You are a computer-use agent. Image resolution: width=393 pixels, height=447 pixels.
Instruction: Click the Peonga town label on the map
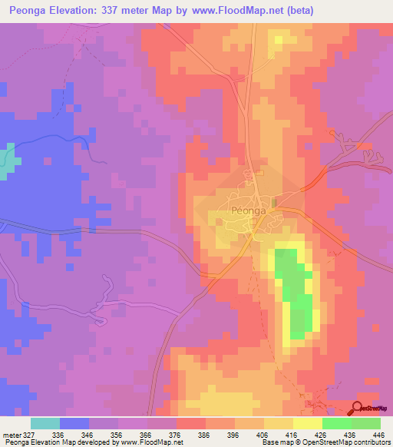pyautogui.click(x=247, y=210)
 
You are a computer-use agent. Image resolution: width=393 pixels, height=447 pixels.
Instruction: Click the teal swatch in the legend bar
pyautogui.click(x=45, y=423)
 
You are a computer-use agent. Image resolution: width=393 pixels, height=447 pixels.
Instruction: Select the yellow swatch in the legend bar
pyautogui.click(x=308, y=423)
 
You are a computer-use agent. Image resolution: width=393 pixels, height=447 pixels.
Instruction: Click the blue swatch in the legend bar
pyautogui.click(x=74, y=423)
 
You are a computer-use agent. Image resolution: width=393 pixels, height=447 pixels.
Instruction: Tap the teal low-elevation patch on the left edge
pyautogui.click(x=7, y=161)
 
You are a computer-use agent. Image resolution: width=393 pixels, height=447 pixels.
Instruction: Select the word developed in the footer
pyautogui.click(x=101, y=442)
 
